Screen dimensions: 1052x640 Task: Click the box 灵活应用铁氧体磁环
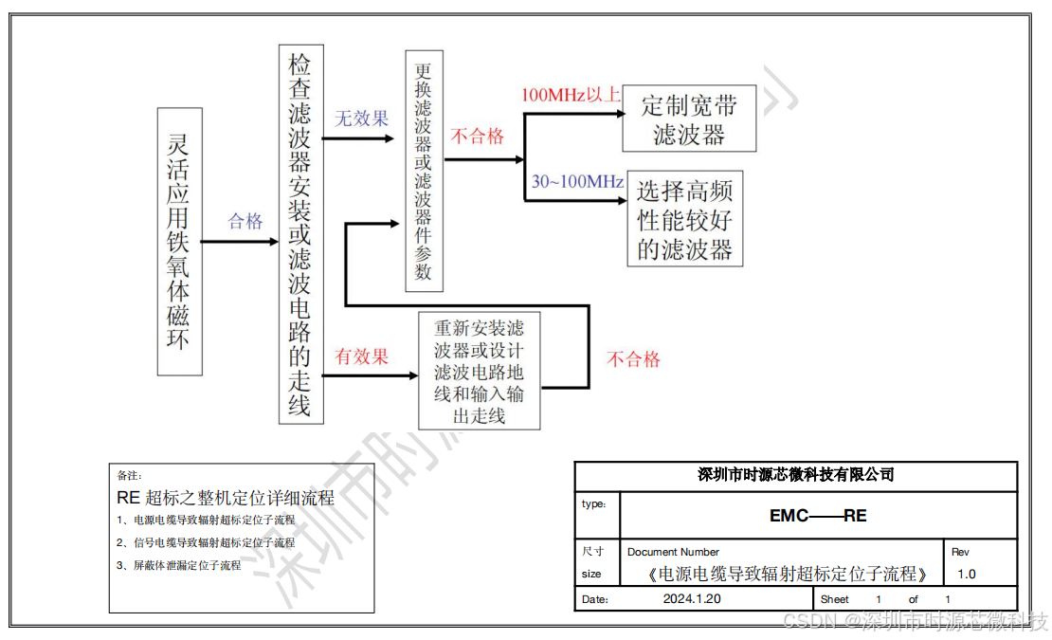point(179,241)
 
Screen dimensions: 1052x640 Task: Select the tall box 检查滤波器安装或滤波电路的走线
point(300,233)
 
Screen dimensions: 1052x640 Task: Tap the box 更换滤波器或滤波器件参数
point(424,171)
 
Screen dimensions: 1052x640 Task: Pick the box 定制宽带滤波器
point(689,119)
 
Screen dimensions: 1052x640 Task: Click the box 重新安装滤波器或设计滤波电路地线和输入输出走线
point(480,371)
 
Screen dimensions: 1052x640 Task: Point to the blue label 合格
point(245,221)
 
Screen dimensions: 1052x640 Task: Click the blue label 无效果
point(362,119)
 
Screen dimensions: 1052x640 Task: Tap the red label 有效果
point(362,357)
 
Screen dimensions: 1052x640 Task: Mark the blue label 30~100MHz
point(577,181)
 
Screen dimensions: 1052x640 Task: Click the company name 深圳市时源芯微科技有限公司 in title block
point(795,475)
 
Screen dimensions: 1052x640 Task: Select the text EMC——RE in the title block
point(818,516)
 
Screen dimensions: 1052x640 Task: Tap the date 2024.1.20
point(692,599)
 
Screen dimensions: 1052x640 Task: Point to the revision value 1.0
point(966,574)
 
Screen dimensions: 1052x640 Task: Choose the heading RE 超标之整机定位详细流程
point(226,498)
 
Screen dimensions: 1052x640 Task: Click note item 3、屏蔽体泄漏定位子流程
point(178,565)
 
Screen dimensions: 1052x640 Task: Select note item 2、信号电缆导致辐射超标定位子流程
point(206,542)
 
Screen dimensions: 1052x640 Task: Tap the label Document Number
point(673,552)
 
